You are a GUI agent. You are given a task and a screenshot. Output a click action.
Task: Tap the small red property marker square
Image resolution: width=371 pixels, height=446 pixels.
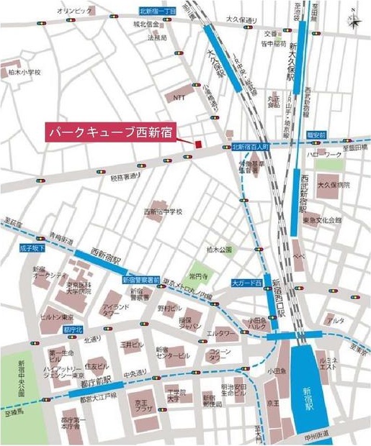[195, 145]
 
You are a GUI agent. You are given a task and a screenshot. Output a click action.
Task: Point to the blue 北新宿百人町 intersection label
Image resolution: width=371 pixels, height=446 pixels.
[250, 147]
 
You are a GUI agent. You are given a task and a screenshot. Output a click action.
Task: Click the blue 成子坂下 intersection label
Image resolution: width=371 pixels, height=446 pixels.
[33, 247]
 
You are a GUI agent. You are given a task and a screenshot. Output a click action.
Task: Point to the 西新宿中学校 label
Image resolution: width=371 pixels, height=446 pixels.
[164, 211]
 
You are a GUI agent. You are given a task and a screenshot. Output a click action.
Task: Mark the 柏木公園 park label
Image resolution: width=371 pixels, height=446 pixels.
[219, 250]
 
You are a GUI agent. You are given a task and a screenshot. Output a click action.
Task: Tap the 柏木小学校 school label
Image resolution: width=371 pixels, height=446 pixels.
[24, 72]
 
